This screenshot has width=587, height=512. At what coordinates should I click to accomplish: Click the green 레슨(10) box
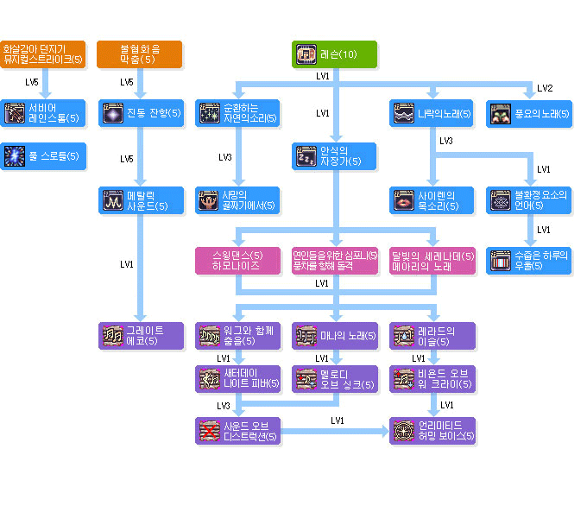[x=335, y=54]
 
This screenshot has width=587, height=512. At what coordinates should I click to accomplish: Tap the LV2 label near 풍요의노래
[x=545, y=88]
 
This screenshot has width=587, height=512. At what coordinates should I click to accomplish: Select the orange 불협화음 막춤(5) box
[x=139, y=54]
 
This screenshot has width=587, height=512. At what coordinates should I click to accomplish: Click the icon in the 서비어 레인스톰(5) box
[x=15, y=113]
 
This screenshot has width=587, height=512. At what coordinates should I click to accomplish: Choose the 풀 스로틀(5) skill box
[x=43, y=156]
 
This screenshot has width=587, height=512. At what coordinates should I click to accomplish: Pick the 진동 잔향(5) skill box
[x=140, y=113]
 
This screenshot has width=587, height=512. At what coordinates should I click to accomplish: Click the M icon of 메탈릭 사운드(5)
[x=112, y=200]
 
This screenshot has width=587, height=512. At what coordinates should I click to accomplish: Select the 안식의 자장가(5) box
[x=335, y=156]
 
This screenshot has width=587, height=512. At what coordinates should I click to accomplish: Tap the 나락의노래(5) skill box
[x=432, y=113]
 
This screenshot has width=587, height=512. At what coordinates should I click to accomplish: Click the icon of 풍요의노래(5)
[x=501, y=113]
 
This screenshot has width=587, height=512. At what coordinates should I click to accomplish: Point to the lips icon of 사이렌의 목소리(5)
[x=403, y=200]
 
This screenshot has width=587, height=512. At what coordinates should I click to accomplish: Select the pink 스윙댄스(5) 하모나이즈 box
[x=238, y=261]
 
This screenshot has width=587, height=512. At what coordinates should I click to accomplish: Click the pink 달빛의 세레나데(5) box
[x=432, y=261]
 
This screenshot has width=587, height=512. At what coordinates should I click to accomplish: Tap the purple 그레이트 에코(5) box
[x=140, y=336]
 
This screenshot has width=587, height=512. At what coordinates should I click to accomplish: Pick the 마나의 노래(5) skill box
[x=335, y=336]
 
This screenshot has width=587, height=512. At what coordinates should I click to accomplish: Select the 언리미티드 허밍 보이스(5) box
[x=432, y=430]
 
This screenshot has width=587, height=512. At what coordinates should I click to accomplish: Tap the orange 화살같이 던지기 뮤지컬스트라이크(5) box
[x=43, y=54]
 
